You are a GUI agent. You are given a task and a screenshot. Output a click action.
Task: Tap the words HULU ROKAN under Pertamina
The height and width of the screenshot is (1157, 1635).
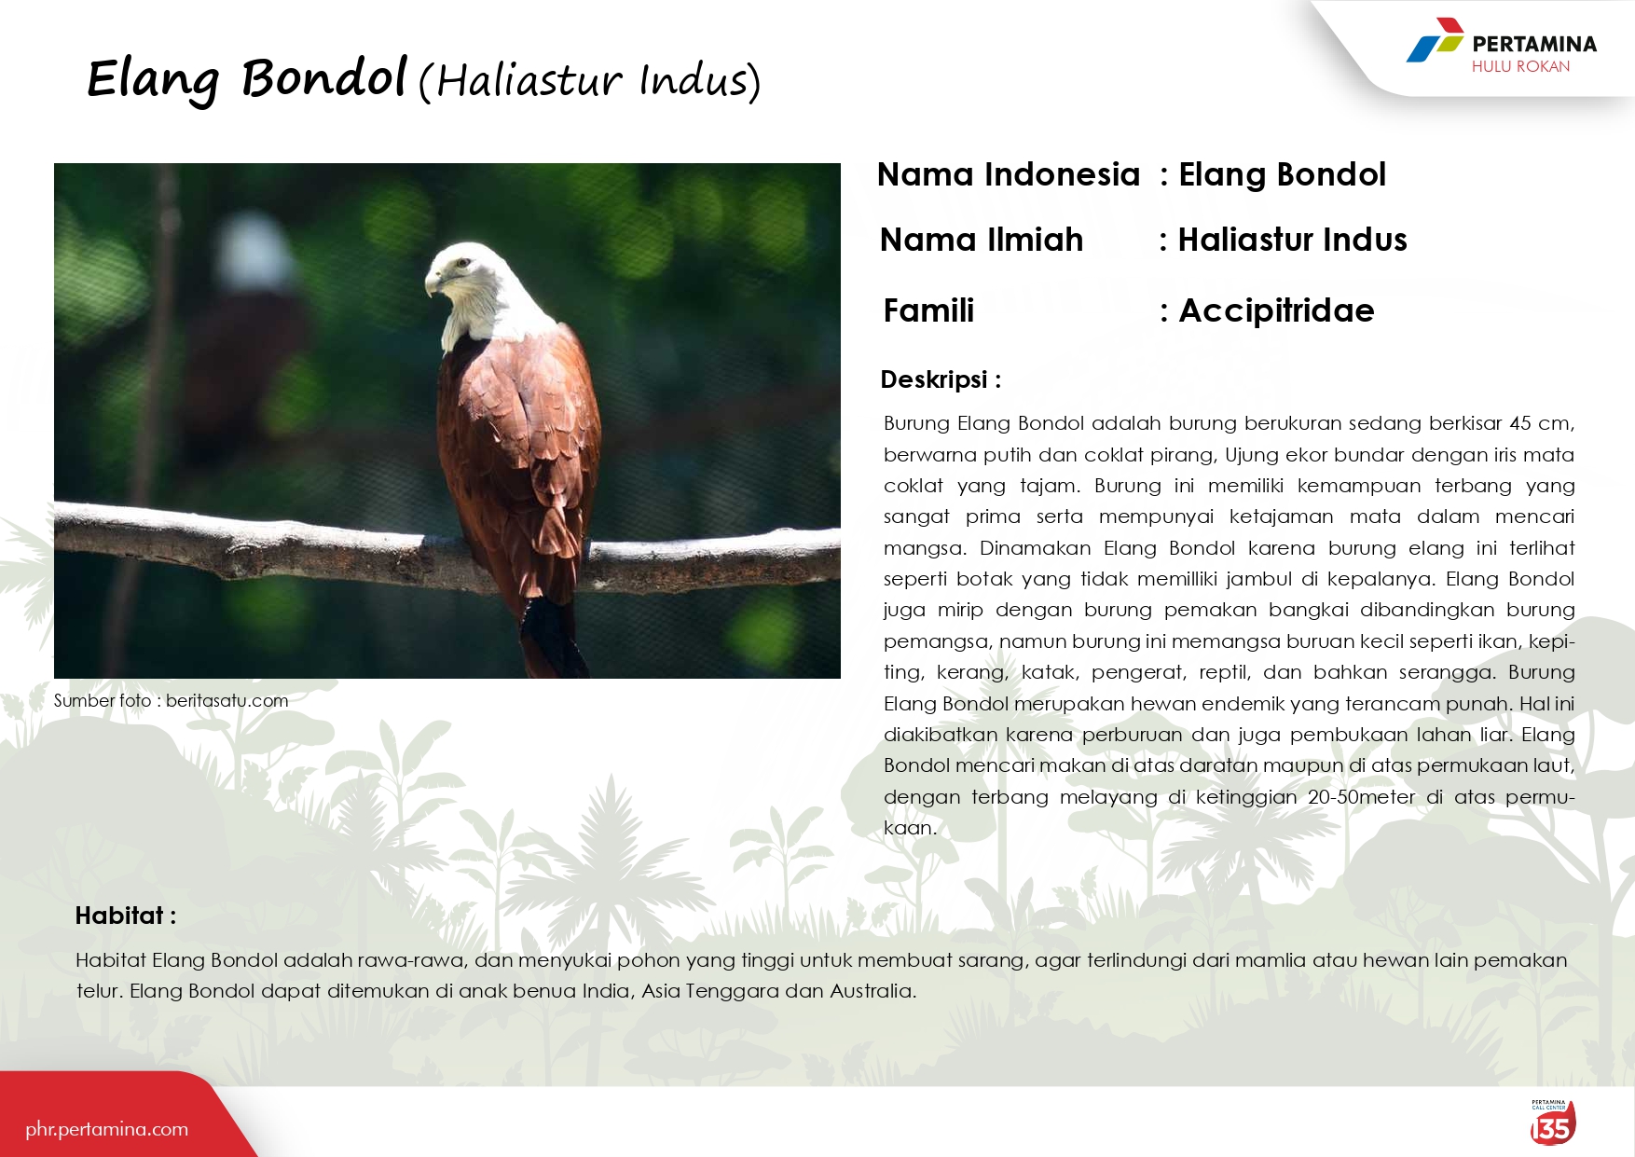click(x=1520, y=66)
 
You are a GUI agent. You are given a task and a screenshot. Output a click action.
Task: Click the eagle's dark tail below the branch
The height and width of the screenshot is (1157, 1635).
click(x=553, y=639)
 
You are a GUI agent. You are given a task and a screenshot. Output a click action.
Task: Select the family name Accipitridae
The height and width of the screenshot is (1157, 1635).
click(x=1276, y=310)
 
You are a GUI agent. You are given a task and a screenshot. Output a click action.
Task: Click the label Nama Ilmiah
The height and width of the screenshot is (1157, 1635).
click(x=982, y=240)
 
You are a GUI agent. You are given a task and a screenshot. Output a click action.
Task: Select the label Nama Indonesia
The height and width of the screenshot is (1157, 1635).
click(x=1009, y=174)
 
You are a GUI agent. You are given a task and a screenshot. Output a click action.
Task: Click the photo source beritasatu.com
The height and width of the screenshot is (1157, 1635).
click(x=227, y=700)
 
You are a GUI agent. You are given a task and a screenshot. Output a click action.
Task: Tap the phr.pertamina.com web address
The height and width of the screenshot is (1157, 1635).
click(x=107, y=1129)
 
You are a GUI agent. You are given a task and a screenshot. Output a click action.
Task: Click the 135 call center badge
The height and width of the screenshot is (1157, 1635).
click(x=1552, y=1123)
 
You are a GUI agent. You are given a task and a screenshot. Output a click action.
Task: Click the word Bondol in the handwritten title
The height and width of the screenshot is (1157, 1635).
click(x=324, y=77)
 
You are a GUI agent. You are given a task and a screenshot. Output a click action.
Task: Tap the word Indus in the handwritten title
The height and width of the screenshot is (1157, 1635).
click(x=694, y=80)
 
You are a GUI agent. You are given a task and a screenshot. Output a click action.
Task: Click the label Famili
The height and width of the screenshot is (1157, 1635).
click(x=928, y=310)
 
